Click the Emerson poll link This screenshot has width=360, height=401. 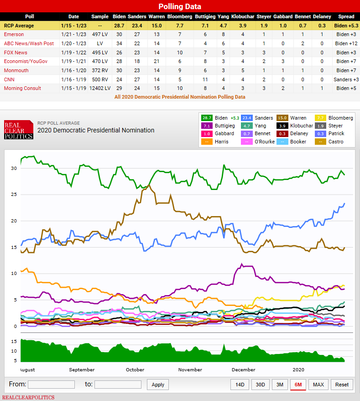14,34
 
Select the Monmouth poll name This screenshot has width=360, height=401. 16,70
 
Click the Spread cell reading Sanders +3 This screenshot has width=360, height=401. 346,79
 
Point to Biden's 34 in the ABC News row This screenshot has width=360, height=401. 118,43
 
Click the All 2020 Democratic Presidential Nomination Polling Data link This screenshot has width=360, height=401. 180,97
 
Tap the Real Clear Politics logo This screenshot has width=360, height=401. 18,130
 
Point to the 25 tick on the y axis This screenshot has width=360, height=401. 14,195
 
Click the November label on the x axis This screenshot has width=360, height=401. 190,369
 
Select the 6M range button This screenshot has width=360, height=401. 298,385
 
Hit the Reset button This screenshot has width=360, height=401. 342,385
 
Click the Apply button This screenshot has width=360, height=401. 158,385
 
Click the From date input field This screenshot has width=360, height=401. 51,385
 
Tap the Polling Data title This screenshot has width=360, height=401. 180,6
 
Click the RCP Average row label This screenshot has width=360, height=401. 19,26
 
